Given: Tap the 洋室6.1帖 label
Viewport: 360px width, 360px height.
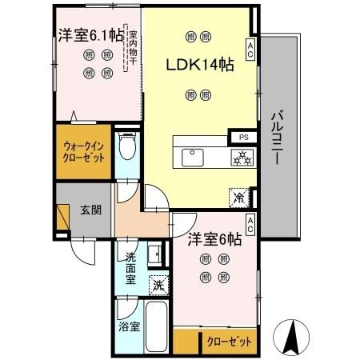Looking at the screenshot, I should tap(89, 34).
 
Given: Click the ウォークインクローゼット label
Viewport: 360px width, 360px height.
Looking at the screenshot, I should tap(84, 152).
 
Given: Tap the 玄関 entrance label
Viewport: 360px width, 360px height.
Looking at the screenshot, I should tap(90, 210).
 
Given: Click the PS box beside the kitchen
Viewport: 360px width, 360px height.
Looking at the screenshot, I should tap(242, 136).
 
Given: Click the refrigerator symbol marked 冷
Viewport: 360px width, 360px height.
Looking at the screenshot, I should tap(238, 196).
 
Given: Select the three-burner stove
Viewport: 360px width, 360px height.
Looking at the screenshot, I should tap(242, 157).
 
